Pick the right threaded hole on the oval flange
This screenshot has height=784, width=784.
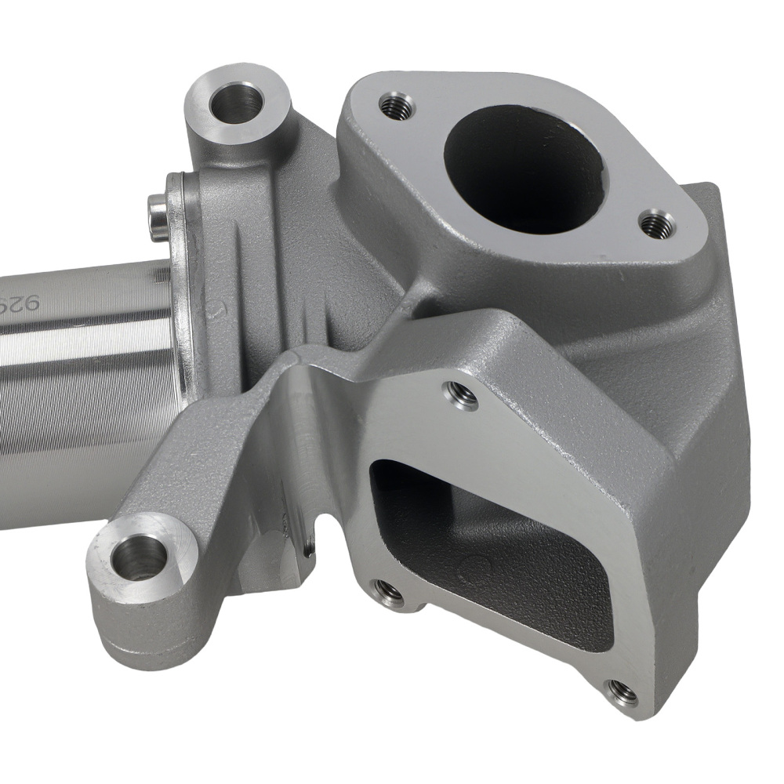[x=652, y=225]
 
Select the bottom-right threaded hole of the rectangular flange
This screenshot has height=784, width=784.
[x=622, y=691]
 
